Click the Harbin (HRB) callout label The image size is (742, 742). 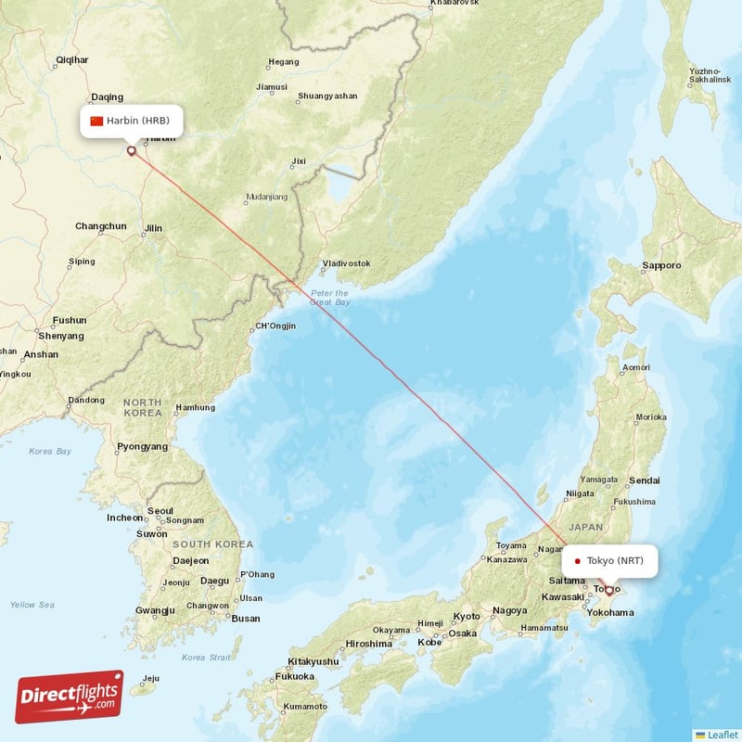(x=131, y=121)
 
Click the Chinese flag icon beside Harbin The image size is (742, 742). (x=96, y=121)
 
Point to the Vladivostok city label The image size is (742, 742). (x=345, y=263)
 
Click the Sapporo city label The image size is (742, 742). (x=661, y=266)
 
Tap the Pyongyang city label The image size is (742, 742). (x=143, y=447)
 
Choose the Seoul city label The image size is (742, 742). (x=160, y=510)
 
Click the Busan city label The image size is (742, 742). (x=245, y=619)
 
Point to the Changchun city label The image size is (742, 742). (x=100, y=226)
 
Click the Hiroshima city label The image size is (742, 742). (x=368, y=644)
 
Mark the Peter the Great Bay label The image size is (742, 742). (x=330, y=298)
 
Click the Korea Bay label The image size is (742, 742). (x=49, y=452)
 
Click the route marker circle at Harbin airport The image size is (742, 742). (x=131, y=150)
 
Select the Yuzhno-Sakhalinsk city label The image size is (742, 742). (x=704, y=76)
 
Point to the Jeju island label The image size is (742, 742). (x=151, y=678)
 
